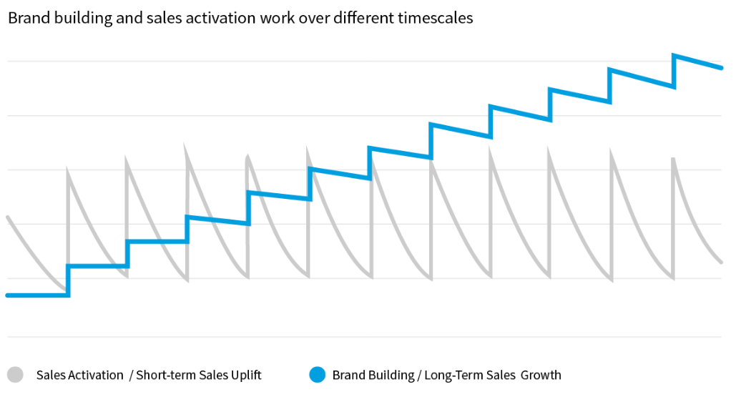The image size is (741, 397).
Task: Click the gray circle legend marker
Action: (x=15, y=374)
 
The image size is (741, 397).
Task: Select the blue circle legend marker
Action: (x=317, y=374)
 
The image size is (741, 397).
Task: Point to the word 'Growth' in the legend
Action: (x=541, y=375)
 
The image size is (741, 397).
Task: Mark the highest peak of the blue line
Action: (x=674, y=55)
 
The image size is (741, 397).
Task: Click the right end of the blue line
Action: (x=722, y=68)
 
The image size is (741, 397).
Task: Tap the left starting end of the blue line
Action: (x=7, y=295)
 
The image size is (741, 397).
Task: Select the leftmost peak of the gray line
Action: (x=68, y=169)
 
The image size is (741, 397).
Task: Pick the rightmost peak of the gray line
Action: (x=673, y=159)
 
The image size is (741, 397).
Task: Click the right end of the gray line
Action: (x=721, y=262)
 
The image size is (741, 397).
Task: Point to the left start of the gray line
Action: (x=7, y=217)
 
